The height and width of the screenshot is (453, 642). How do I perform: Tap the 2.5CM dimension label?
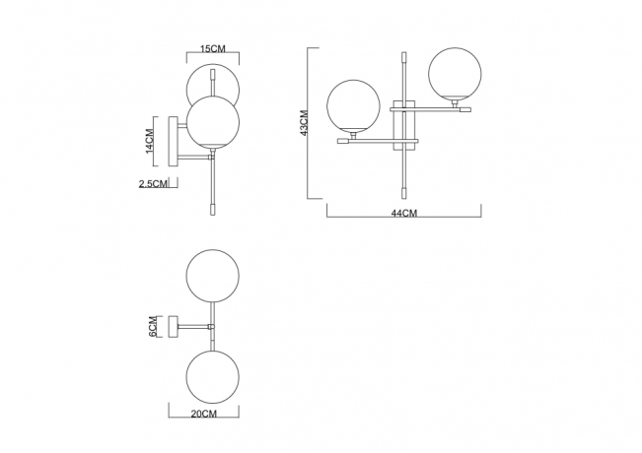coord(153,183)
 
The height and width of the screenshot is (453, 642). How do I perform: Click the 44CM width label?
coord(404,214)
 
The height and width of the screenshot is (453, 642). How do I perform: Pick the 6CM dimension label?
coord(152,326)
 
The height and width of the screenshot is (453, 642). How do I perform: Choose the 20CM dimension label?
coord(204,415)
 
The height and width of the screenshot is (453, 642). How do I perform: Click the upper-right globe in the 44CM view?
coord(453,71)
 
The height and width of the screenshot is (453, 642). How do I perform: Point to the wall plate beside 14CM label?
coord(173,140)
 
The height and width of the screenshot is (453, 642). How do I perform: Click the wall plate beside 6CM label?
coord(173,326)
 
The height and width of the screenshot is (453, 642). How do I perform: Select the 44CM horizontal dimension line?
coord(404,206)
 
